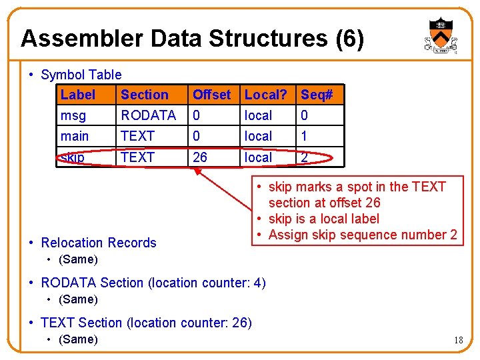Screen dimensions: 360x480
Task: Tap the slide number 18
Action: point(458,340)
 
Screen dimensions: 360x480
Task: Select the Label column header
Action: point(77,95)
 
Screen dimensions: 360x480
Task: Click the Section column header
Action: point(144,95)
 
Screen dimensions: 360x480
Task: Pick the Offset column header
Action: point(211,95)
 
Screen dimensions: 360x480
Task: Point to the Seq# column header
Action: point(317,95)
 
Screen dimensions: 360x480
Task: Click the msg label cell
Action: point(73,115)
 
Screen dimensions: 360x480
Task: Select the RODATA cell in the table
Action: point(148,115)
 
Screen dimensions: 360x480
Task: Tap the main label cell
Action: point(75,136)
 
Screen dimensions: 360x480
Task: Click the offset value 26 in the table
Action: point(200,157)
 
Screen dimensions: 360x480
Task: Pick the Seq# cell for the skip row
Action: point(305,157)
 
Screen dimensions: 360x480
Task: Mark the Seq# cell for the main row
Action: point(305,136)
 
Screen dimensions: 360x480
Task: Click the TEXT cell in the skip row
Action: point(137,157)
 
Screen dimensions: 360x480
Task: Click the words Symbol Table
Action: point(81,75)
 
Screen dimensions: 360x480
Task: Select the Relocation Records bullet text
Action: point(98,243)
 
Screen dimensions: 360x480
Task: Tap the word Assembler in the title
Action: point(82,39)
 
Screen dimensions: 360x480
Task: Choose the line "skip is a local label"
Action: point(323,219)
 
